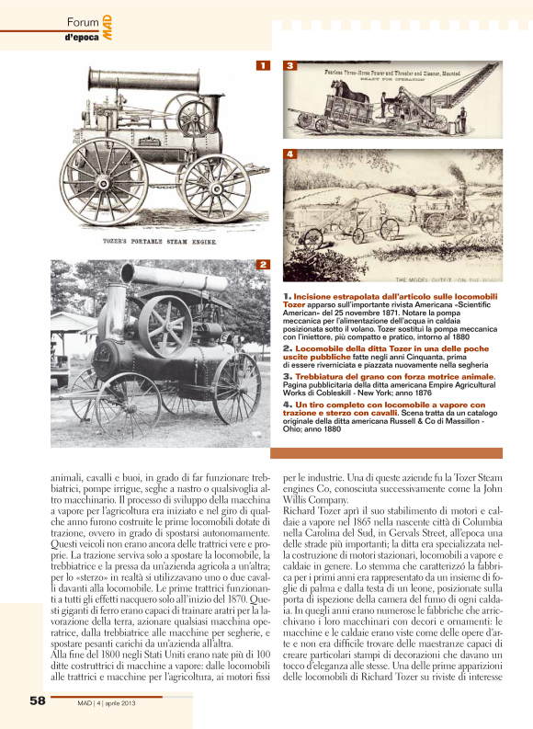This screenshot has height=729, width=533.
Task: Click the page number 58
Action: (x=37, y=701)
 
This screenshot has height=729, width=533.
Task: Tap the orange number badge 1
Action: (x=262, y=66)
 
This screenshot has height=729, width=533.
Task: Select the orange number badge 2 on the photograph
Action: (x=262, y=266)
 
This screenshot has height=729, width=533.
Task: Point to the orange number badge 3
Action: (x=289, y=66)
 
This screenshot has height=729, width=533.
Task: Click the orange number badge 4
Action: (x=289, y=154)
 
